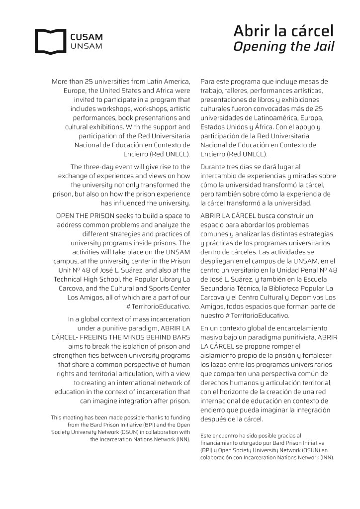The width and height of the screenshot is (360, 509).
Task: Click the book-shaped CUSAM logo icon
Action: (x=50, y=41)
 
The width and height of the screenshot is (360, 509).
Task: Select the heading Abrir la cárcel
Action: (x=283, y=31)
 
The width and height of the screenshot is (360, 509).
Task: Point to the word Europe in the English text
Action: (x=74, y=91)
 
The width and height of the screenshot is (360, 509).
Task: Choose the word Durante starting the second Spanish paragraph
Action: (x=214, y=167)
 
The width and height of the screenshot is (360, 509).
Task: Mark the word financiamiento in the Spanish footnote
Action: (x=223, y=442)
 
